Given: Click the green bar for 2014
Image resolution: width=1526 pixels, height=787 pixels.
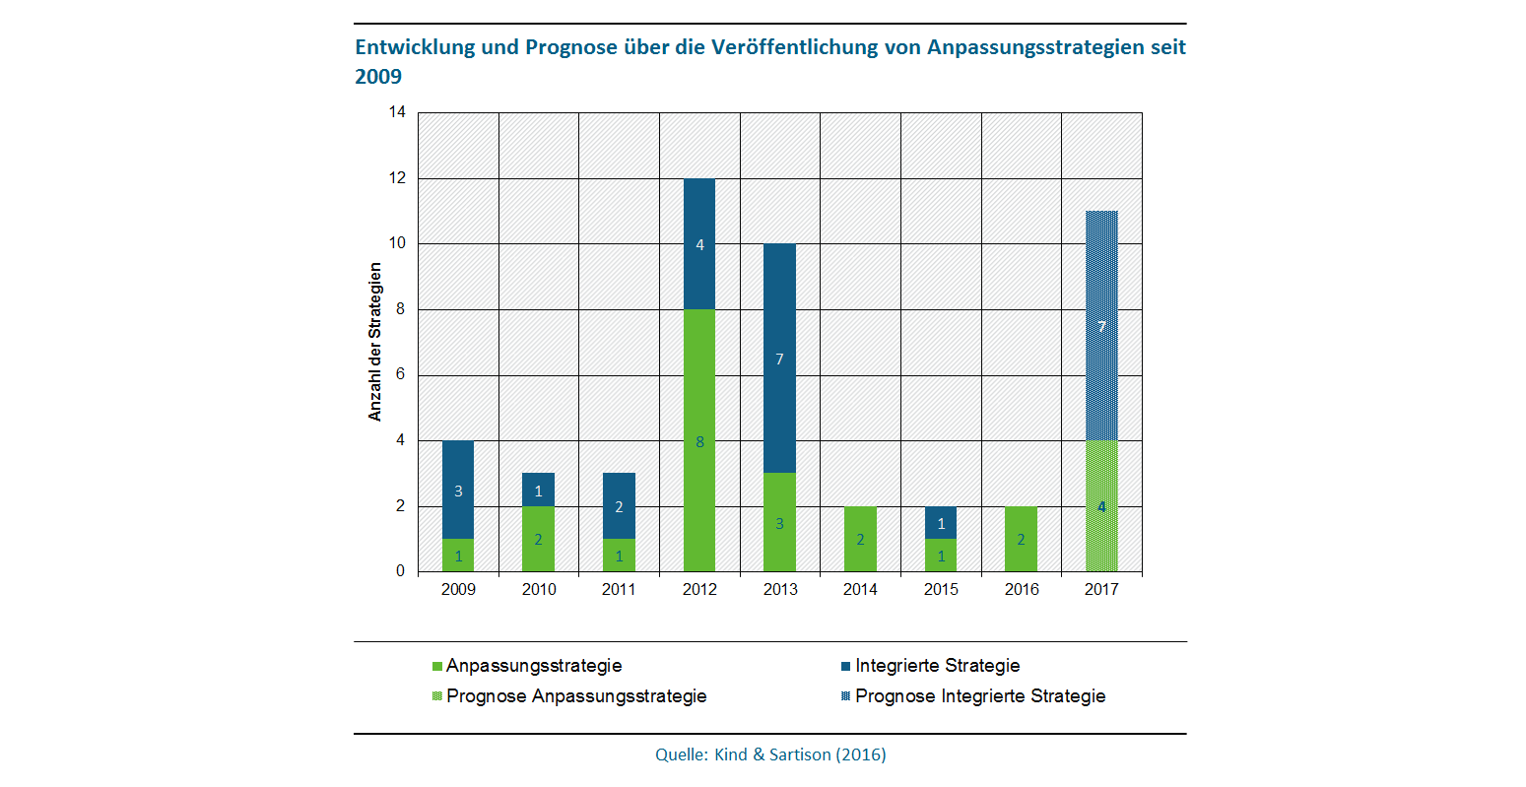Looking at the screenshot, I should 860,539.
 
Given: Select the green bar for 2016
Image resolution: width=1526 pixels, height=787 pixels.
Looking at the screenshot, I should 1021,539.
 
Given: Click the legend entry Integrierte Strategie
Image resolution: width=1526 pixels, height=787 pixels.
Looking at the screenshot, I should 937,666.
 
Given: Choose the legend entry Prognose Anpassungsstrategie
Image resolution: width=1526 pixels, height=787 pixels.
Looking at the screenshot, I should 576,696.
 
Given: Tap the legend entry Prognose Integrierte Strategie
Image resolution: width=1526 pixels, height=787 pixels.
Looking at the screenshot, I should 979,696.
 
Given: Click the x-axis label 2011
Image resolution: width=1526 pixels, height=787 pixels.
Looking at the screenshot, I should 619,590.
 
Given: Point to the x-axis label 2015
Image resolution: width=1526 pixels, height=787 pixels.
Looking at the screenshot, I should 941,590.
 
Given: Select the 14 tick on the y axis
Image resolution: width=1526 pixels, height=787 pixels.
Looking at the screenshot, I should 397,112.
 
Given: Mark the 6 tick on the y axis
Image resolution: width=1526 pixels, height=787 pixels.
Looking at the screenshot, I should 400,375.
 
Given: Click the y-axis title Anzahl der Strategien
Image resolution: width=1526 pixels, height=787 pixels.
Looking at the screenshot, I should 375,342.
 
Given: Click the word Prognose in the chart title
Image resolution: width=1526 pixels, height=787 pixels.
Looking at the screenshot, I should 568,47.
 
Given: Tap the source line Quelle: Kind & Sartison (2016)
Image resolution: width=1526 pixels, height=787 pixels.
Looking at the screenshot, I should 770,755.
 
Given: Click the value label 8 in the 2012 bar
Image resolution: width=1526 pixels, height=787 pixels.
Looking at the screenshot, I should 699,442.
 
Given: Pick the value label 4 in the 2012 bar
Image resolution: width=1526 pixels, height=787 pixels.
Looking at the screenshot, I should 699,245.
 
